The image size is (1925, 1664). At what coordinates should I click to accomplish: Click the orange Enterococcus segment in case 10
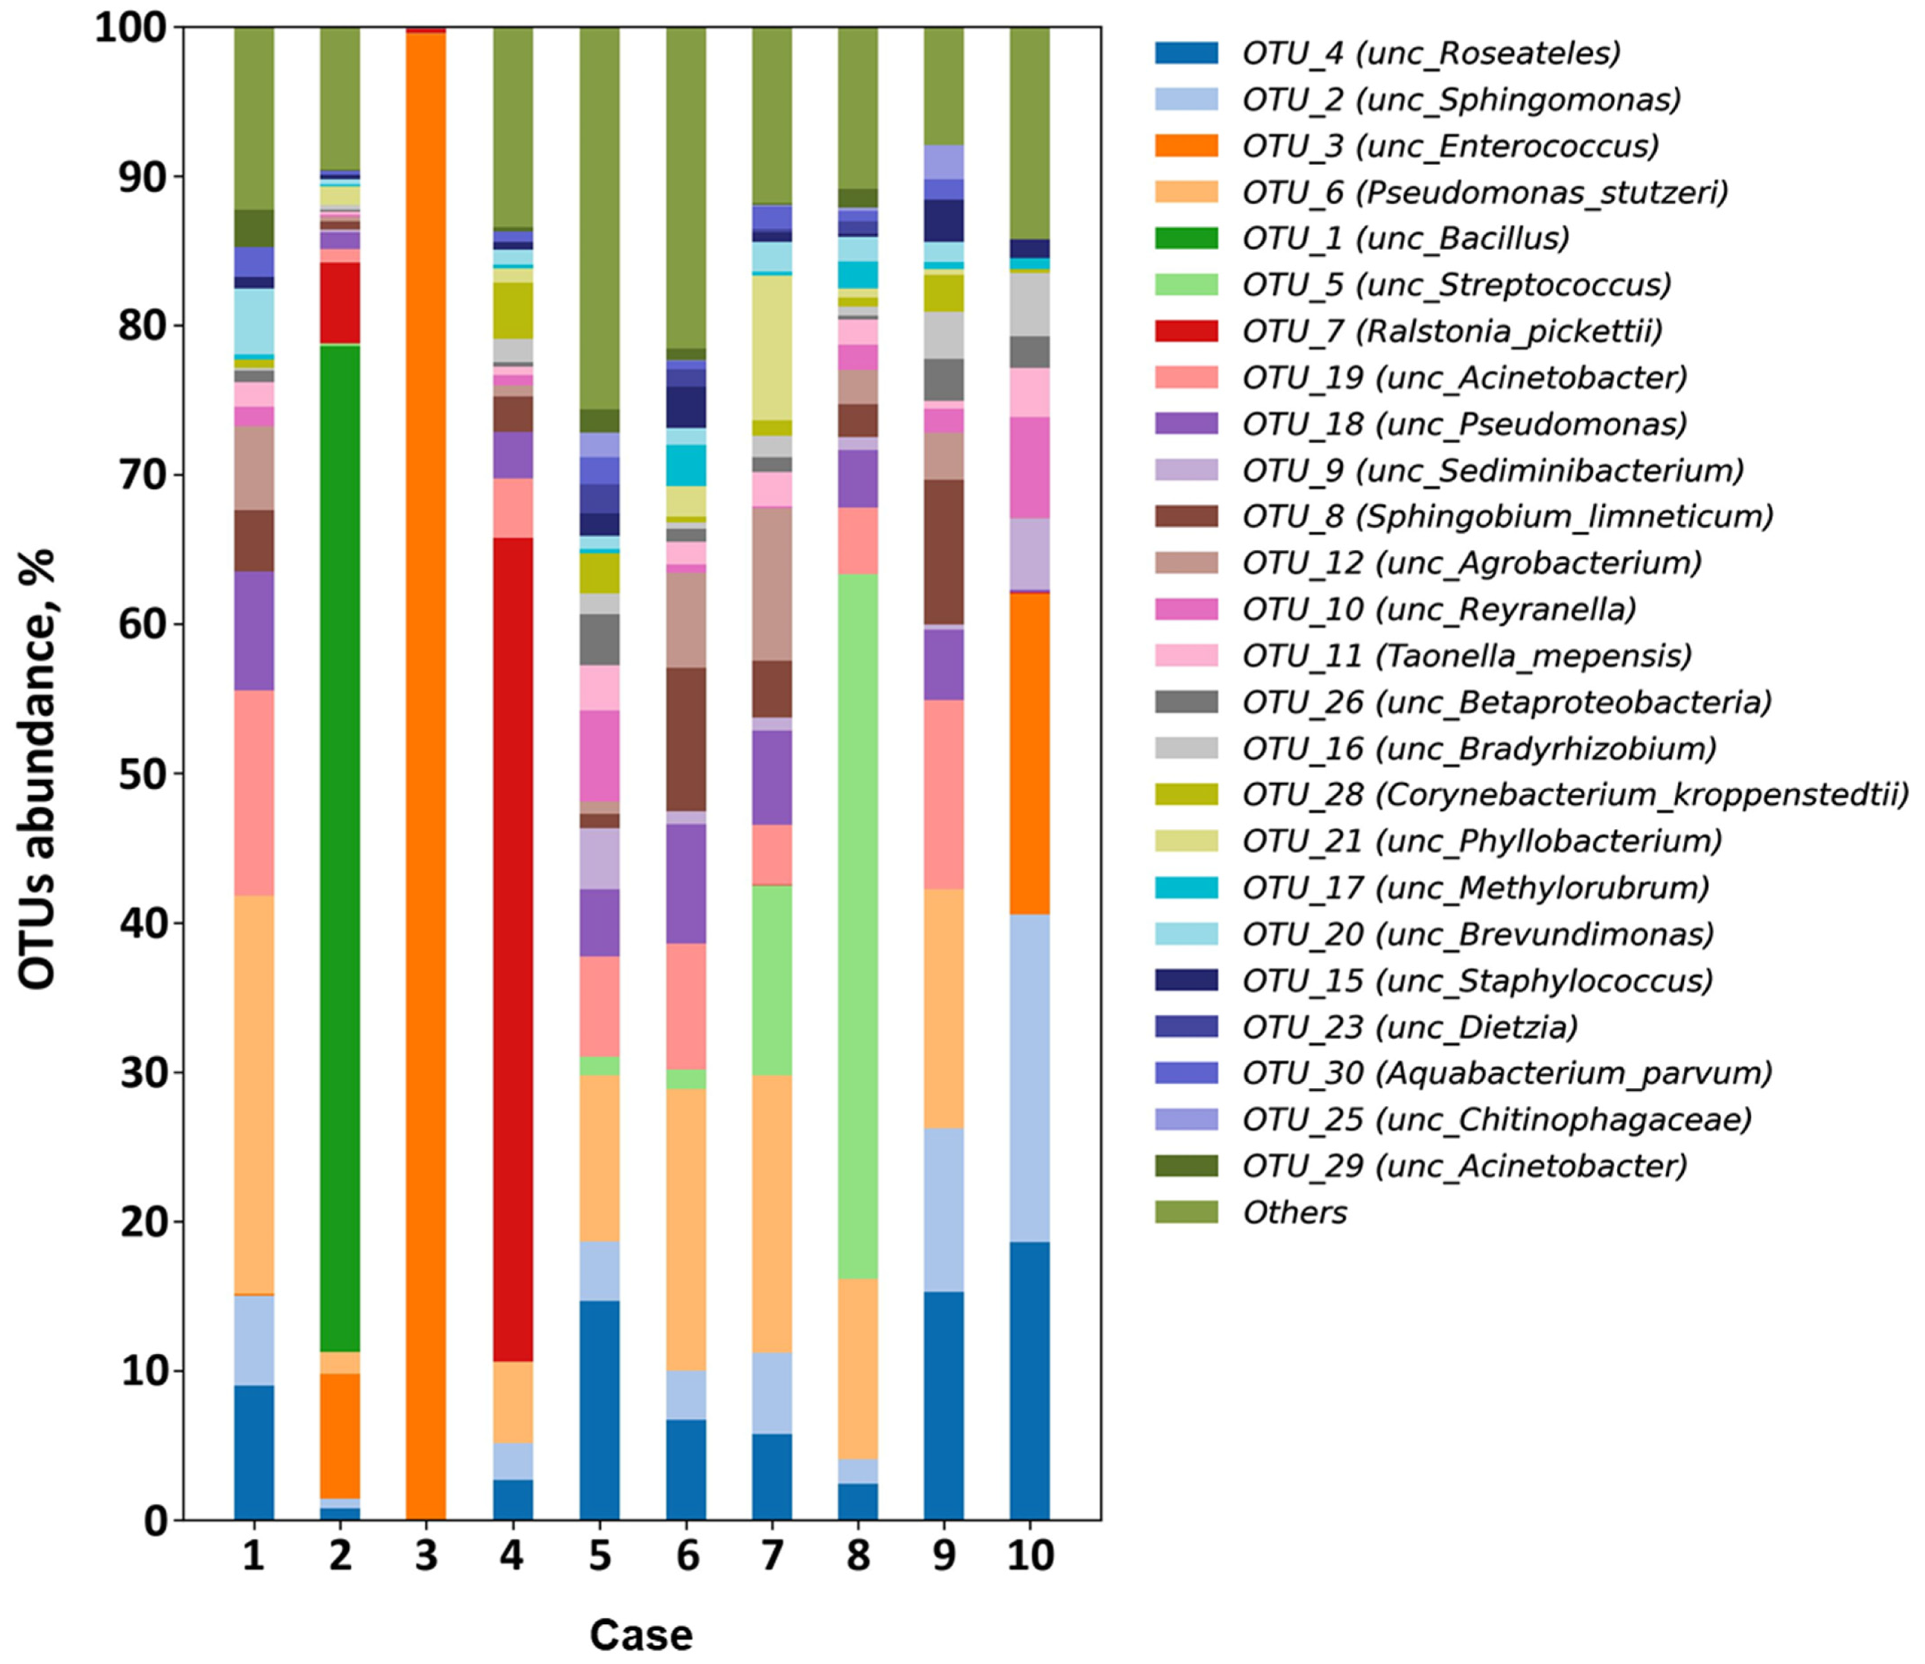[x=1029, y=752]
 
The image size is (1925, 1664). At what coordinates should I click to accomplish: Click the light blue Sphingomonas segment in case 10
[x=1029, y=1078]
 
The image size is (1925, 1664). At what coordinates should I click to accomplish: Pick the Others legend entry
[x=1294, y=1211]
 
